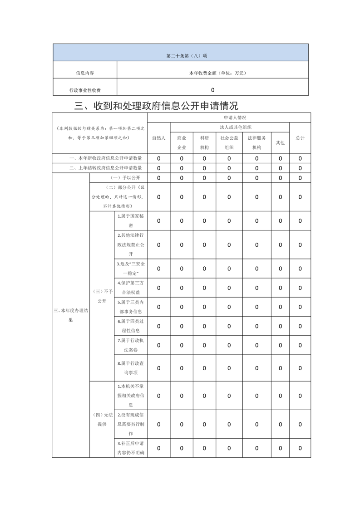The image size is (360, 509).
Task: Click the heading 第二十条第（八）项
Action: pyautogui.click(x=180, y=56)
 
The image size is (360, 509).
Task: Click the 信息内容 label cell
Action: pyautogui.click(x=85, y=73)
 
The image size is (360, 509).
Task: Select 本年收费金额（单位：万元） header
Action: pyautogui.click(x=212, y=73)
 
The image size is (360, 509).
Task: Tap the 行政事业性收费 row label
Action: pyautogui.click(x=85, y=90)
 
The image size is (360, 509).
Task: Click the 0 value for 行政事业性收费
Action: pyautogui.click(x=212, y=90)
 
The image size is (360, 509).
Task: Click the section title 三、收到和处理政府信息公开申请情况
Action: pyautogui.click(x=156, y=106)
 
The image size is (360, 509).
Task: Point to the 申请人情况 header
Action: pyautogui.click(x=229, y=117)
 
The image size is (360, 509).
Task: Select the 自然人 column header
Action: pyautogui.click(x=158, y=138)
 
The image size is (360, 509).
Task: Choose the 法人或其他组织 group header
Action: pyautogui.click(x=229, y=127)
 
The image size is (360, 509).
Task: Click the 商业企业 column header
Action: pyautogui.click(x=182, y=142)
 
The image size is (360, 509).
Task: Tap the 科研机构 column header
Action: pyautogui.click(x=204, y=142)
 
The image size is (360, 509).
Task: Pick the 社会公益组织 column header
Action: pyautogui.click(x=229, y=142)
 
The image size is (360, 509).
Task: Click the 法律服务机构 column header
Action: pyautogui.click(x=256, y=142)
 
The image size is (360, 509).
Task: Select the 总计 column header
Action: pyautogui.click(x=300, y=138)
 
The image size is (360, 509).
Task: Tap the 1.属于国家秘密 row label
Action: pyautogui.click(x=130, y=220)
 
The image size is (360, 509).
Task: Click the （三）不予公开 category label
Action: pyautogui.click(x=102, y=296)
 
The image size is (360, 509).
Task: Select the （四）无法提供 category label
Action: pyautogui.click(x=102, y=419)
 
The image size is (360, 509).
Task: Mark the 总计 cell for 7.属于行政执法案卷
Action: pyautogui.click(x=300, y=345)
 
